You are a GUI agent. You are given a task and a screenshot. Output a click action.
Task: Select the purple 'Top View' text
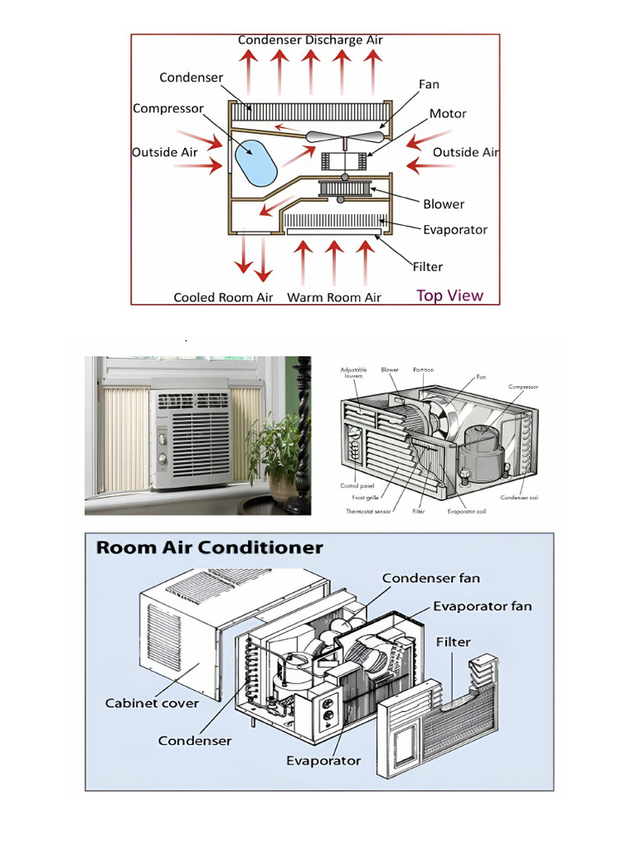tap(449, 296)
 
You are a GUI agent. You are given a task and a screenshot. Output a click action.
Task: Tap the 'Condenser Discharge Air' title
tap(310, 39)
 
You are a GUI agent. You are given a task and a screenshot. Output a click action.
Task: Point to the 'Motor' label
tap(448, 113)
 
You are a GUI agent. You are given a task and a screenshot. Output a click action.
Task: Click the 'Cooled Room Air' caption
tap(223, 297)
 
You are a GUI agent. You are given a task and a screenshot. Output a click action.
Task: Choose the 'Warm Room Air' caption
tap(334, 297)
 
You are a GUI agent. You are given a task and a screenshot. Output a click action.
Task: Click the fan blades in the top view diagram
tap(344, 136)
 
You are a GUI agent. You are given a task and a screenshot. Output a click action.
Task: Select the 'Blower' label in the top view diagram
tap(444, 204)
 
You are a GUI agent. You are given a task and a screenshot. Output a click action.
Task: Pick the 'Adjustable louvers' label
tap(353, 373)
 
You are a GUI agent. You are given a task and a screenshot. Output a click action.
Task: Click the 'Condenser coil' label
tap(519, 497)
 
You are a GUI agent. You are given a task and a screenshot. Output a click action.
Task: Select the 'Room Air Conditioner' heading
tap(210, 548)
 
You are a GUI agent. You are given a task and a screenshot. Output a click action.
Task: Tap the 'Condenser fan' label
tap(431, 578)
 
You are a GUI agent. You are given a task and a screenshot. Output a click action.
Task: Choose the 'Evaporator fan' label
tap(482, 606)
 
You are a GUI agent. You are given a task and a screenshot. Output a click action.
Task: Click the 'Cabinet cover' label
tap(152, 703)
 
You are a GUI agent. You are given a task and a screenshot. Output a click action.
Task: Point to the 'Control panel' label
tap(357, 486)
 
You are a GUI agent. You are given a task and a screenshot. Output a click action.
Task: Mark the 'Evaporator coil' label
tap(463, 511)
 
